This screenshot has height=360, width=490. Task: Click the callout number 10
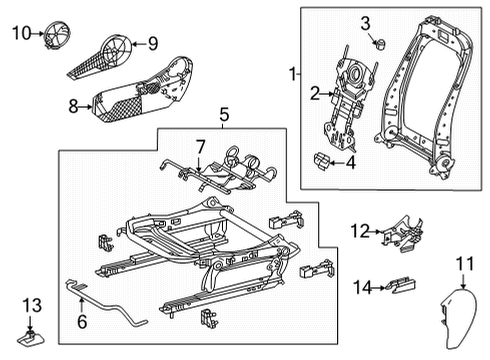point(21,33)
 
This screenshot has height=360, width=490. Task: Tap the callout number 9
point(153,43)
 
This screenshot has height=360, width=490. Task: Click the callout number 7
point(199,147)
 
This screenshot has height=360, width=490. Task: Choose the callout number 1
point(292,74)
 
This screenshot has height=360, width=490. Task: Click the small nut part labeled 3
point(381,44)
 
